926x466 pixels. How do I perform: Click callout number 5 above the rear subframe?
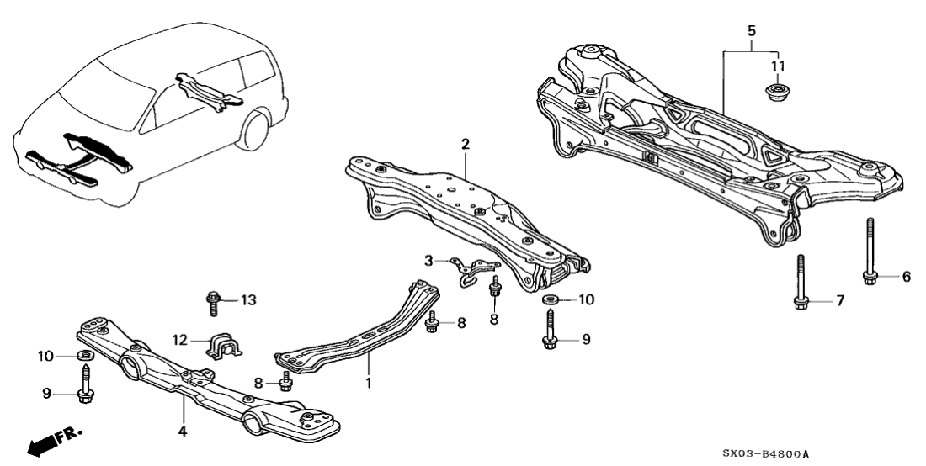coord(752,30)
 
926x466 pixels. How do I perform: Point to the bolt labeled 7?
coord(801,282)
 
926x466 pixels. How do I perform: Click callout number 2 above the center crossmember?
coord(465,143)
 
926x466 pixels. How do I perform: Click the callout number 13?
coord(247,300)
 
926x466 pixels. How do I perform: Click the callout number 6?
coord(907,276)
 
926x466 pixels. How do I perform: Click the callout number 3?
coord(428,262)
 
